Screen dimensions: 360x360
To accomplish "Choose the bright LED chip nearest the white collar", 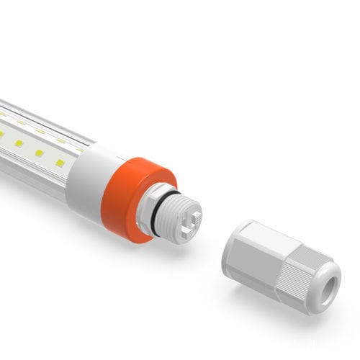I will pyautogui.click(x=60, y=163).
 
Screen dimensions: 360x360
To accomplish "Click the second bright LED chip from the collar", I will pyautogui.click(x=40, y=153).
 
